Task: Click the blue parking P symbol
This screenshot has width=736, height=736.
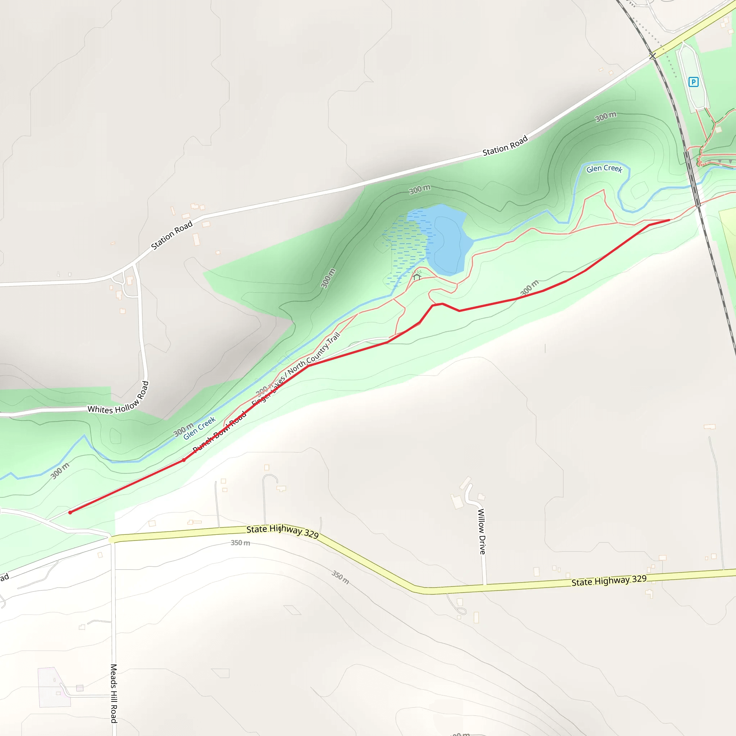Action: [693, 82]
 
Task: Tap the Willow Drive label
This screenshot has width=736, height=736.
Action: [482, 532]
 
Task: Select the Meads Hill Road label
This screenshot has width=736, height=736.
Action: [114, 693]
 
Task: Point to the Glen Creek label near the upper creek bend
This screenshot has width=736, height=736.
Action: [604, 169]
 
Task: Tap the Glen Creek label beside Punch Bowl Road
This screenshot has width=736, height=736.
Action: [199, 428]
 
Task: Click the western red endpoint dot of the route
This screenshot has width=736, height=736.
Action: [70, 512]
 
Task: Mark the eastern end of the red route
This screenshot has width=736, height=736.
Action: [669, 220]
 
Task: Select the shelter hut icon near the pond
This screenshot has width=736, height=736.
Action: [417, 277]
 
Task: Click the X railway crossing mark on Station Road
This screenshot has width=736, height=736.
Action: [653, 56]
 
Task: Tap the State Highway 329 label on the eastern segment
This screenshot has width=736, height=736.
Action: [609, 581]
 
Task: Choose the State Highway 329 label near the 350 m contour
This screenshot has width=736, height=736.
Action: [282, 531]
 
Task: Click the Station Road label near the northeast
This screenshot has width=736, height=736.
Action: [505, 146]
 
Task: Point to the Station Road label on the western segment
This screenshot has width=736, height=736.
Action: [172, 235]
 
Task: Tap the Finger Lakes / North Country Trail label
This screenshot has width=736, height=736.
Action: [296, 368]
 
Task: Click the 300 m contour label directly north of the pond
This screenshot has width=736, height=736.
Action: [420, 189]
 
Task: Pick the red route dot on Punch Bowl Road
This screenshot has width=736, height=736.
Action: [184, 460]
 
